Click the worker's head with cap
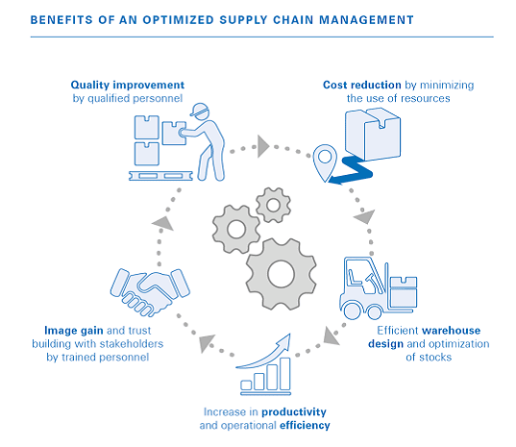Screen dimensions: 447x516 [x=201, y=112]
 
